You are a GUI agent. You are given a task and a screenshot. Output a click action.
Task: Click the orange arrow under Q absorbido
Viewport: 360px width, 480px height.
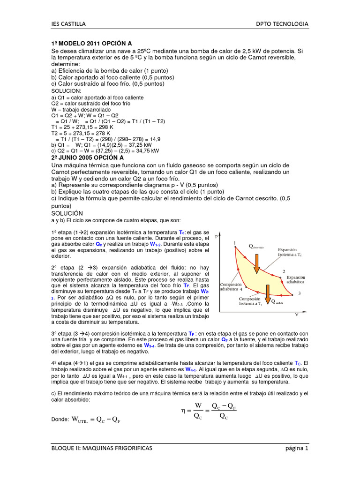tap(256, 263)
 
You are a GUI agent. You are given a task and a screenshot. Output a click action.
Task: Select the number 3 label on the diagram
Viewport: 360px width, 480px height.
tap(299, 293)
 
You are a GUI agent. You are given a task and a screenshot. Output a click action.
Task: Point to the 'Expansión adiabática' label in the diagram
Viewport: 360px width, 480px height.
tap(295, 280)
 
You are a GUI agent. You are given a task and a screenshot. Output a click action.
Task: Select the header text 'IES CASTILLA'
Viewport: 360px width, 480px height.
tap(68, 24)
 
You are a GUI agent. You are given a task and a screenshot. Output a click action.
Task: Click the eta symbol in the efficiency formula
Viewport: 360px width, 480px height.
tap(184, 411)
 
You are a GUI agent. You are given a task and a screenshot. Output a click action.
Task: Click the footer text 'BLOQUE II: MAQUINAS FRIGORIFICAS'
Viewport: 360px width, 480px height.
tap(102, 449)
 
